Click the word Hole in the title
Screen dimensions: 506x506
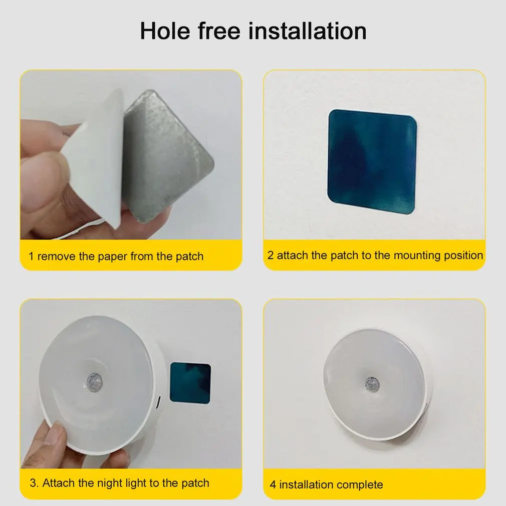(x=165, y=31)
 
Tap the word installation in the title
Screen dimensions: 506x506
(x=307, y=31)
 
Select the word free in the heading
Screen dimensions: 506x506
(x=219, y=31)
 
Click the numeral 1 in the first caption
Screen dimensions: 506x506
(x=31, y=257)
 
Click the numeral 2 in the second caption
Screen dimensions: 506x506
(x=271, y=256)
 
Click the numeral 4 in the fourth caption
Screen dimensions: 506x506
(x=273, y=484)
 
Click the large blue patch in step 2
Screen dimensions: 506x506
(x=372, y=161)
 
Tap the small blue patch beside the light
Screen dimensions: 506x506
(x=190, y=383)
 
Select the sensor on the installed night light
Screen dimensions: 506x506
(x=372, y=383)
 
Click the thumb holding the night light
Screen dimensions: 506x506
(x=57, y=439)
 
